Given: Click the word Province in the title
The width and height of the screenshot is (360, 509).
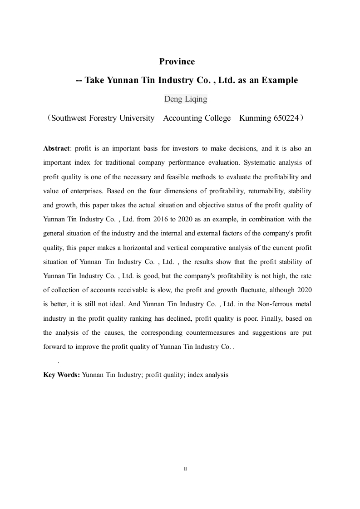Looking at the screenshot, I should tap(177, 61).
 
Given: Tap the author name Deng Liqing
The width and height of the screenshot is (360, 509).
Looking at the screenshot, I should tap(185, 99).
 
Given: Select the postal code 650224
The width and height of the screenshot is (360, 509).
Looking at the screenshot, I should tap(286, 118).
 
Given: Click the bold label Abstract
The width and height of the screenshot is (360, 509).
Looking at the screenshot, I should tap(57, 148).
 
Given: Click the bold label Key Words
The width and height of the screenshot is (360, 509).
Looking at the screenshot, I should tap(62, 375).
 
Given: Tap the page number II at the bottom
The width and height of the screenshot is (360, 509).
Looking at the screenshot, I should tap(185, 469).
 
